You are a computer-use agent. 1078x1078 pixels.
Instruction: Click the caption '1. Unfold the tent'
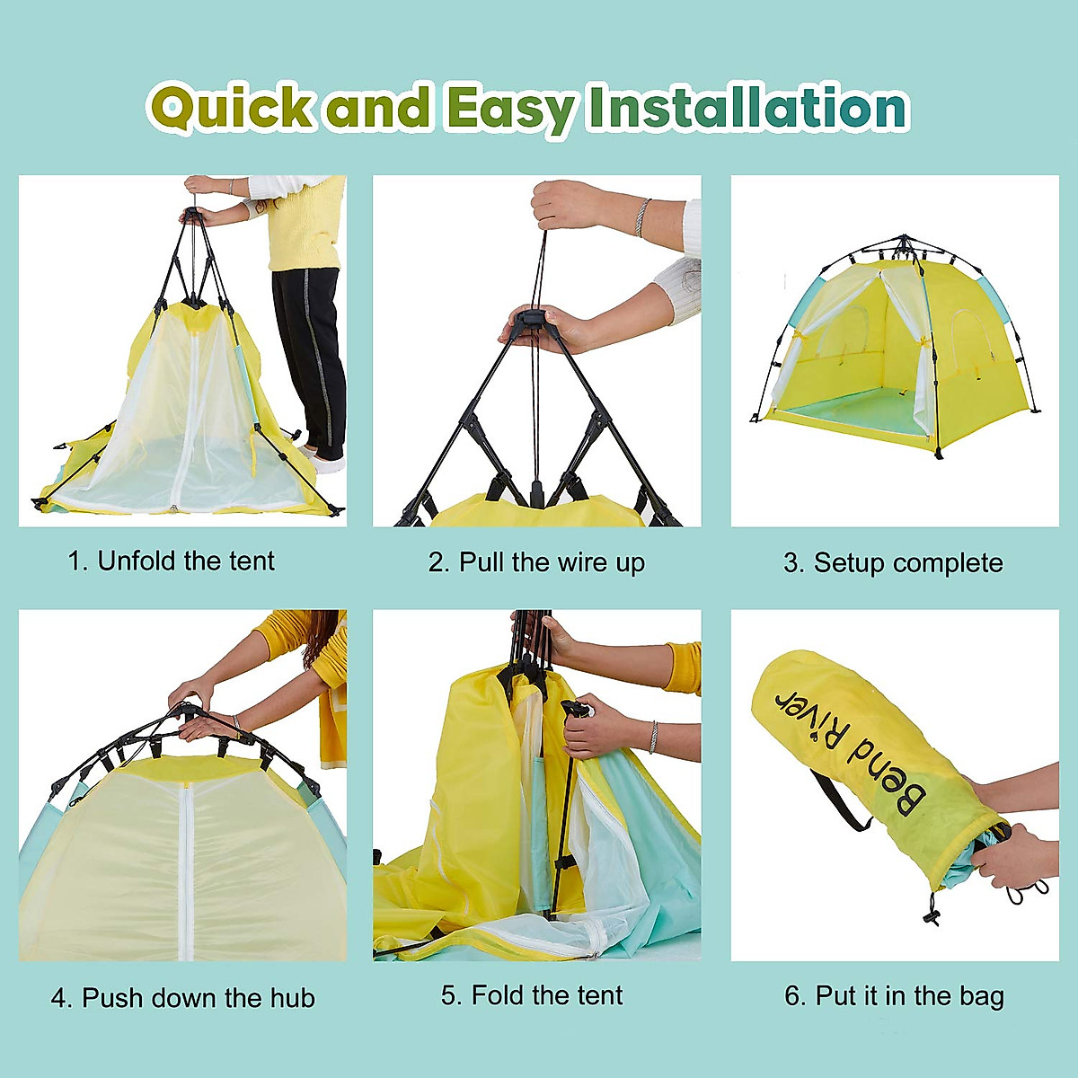coord(171,561)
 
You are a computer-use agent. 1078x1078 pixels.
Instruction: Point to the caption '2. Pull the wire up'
coord(536,563)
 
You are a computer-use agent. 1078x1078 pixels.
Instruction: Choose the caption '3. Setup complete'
coord(893,563)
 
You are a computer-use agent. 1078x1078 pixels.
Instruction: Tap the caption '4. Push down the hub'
coord(182,998)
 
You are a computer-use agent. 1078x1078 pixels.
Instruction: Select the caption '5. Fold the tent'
coord(532,995)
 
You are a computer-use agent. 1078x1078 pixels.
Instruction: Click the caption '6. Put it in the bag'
coord(894,996)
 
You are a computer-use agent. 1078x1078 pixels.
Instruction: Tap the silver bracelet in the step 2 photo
coord(641,217)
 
